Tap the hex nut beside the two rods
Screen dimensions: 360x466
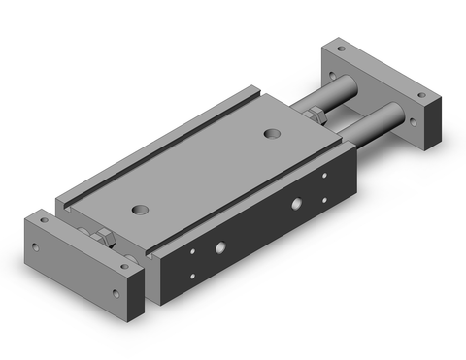click(x=314, y=115)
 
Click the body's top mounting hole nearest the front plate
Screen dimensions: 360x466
click(x=143, y=207)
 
